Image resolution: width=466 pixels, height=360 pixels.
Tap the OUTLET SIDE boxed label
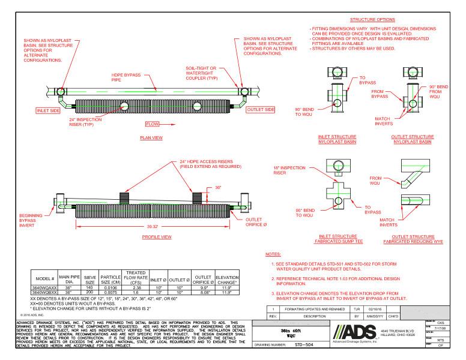262,110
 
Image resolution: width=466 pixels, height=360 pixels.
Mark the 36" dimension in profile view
219,188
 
